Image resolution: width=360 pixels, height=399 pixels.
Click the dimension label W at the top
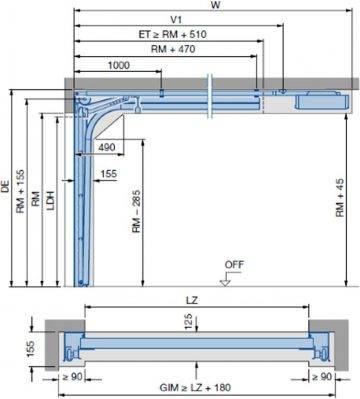point(214,5)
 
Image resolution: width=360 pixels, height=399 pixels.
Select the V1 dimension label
point(176,19)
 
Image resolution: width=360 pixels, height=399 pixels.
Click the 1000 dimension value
point(119,65)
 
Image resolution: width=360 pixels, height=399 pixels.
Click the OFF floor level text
point(234,265)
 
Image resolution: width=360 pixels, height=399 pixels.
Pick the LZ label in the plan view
point(195,300)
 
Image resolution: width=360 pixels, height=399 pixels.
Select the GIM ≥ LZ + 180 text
point(197,387)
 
